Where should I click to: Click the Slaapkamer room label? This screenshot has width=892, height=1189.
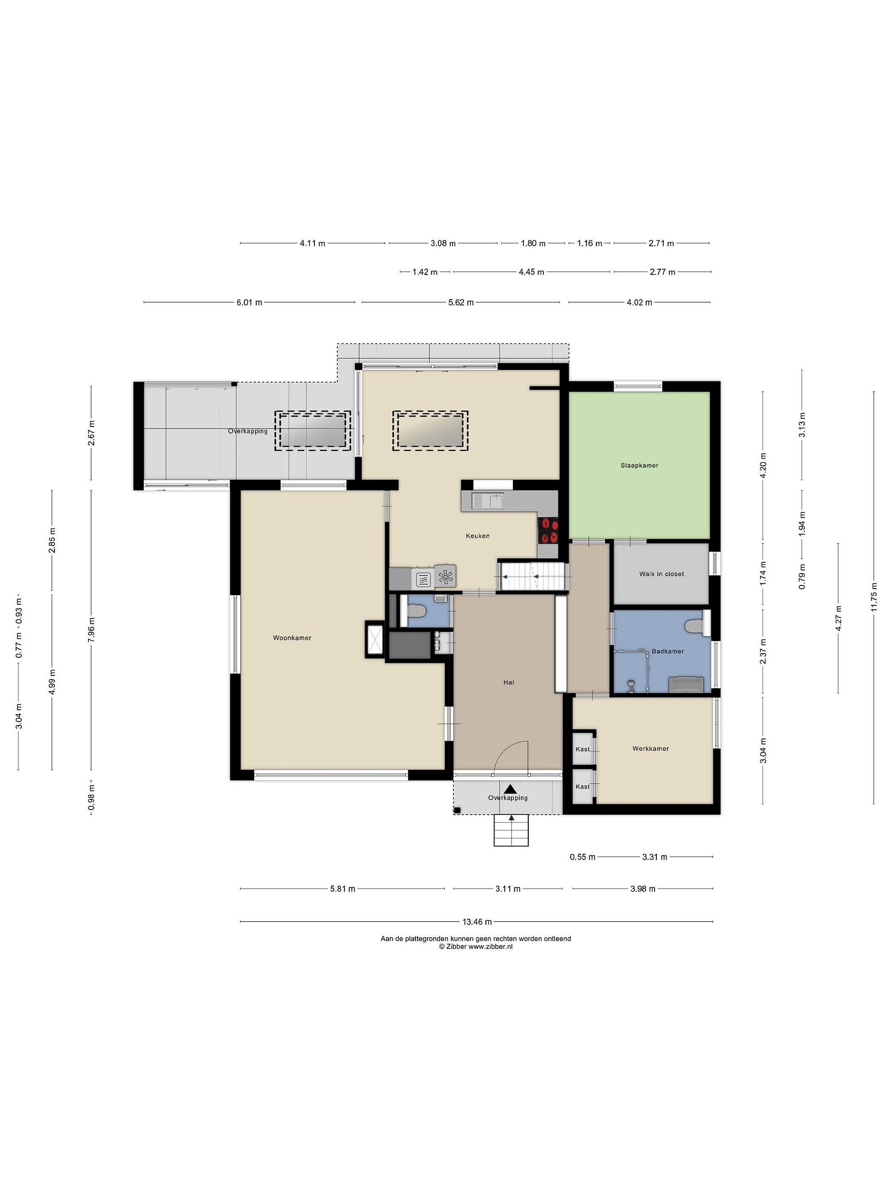pos(639,466)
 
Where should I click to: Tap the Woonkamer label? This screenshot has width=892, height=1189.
pos(292,638)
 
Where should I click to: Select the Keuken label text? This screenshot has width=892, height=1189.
pos(477,536)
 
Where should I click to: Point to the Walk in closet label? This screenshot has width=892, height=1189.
pos(661,574)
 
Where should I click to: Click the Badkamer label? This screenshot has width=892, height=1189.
pos(668,651)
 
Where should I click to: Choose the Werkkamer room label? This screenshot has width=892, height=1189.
pos(650,749)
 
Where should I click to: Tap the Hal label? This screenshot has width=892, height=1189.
pos(509,683)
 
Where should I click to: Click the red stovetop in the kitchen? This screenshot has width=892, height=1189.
pos(548,530)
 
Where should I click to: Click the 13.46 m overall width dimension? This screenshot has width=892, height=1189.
pos(477,922)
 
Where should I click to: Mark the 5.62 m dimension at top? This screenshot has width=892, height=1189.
pos(461,303)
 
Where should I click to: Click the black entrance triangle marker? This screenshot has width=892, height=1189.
pos(510,789)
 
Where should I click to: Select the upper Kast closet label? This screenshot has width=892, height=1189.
pos(582,749)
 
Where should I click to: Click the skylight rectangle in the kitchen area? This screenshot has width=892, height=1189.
pos(430,431)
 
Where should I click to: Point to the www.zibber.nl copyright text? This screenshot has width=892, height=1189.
pos(475,947)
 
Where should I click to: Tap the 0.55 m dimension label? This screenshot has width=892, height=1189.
pos(582,857)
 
